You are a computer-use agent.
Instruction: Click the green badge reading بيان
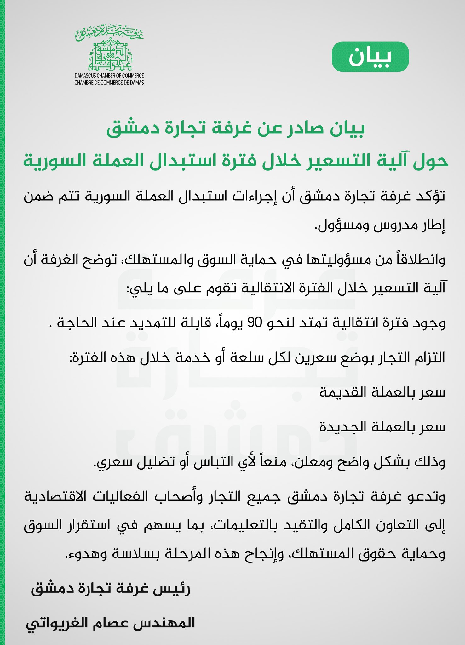tap(370, 57)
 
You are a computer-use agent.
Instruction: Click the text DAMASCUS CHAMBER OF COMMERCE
tap(109, 76)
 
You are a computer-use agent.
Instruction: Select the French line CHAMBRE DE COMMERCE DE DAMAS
tap(109, 83)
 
